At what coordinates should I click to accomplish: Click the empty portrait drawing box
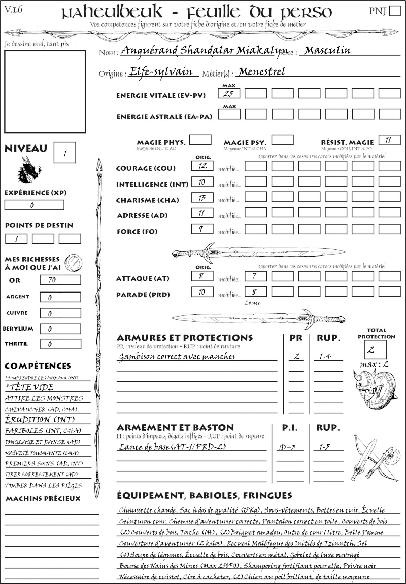(x=45, y=89)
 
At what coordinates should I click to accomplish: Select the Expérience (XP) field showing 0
(x=34, y=205)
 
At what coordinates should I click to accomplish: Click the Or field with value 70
(x=60, y=280)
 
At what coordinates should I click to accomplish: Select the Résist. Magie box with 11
(x=389, y=140)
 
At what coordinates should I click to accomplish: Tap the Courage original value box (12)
(x=202, y=166)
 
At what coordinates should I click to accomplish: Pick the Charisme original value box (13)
(x=202, y=198)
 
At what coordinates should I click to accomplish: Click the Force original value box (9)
(x=202, y=229)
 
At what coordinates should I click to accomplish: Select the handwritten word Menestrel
(x=261, y=71)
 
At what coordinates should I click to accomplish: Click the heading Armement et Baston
(x=175, y=428)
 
